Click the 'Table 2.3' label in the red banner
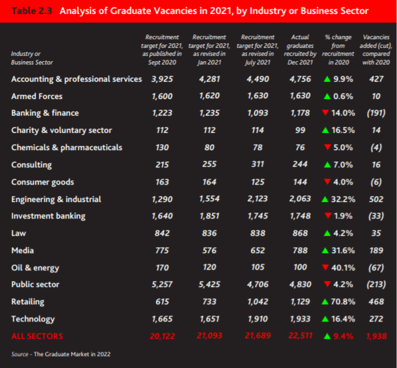click(32, 11)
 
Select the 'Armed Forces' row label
click(37, 96)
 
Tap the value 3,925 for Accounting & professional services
click(162, 79)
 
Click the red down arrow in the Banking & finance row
click(325, 112)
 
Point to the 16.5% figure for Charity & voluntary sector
click(343, 130)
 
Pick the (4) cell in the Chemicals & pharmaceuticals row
click(376, 147)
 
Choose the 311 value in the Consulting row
click(258, 164)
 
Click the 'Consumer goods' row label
click(42, 182)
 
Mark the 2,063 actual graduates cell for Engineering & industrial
click(300, 199)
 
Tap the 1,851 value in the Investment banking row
click(209, 216)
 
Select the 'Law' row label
click(19, 233)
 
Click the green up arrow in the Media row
click(325, 250)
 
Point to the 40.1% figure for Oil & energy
click(343, 268)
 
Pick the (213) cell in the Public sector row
click(376, 284)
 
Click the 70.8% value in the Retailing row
click(343, 302)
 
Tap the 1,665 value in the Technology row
click(162, 319)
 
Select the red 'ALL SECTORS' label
click(37, 336)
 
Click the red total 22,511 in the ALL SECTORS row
click(300, 335)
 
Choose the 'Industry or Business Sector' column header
click(32, 58)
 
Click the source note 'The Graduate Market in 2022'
click(72, 354)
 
